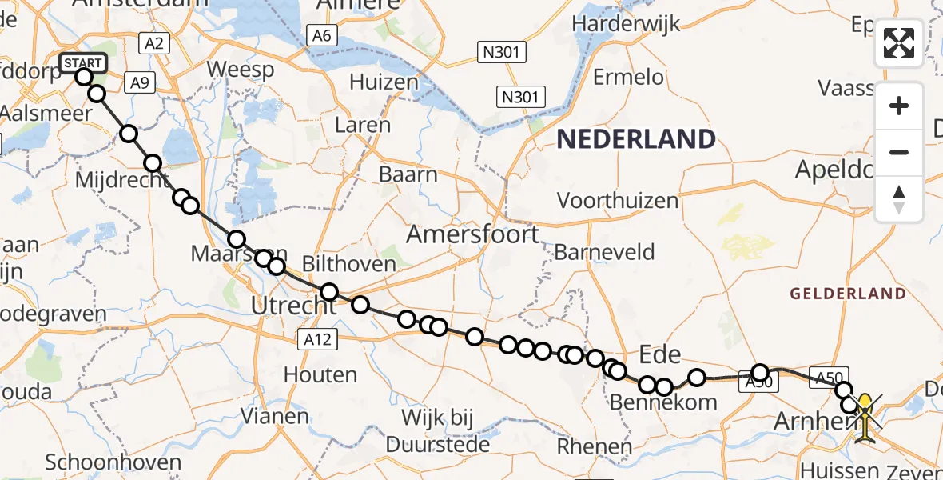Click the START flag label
82,62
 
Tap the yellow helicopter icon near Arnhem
865,414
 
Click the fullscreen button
899,42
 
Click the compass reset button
899,198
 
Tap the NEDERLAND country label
635,139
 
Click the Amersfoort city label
472,234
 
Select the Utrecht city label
293,305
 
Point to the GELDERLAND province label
848,294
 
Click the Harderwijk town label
627,23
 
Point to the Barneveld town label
604,252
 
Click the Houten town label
320,374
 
